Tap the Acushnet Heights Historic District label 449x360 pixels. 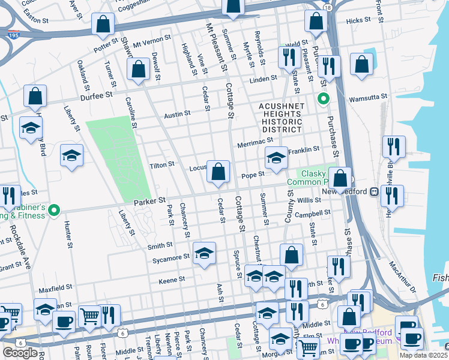pyautogui.click(x=281, y=118)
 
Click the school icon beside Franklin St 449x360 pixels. pyautogui.click(x=276, y=158)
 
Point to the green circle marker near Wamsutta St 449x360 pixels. pyautogui.click(x=324, y=98)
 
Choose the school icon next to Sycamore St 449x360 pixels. pyautogui.click(x=204, y=253)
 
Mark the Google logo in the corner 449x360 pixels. pyautogui.click(x=20, y=353)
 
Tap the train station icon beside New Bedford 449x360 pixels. pyautogui.click(x=373, y=191)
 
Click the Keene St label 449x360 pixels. pyautogui.click(x=172, y=280)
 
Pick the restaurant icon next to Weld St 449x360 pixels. pyautogui.click(x=290, y=57)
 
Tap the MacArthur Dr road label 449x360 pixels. pyautogui.click(x=402, y=273)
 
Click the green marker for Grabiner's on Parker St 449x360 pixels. pyautogui.click(x=53, y=210)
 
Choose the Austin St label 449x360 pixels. pyautogui.click(x=177, y=113)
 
